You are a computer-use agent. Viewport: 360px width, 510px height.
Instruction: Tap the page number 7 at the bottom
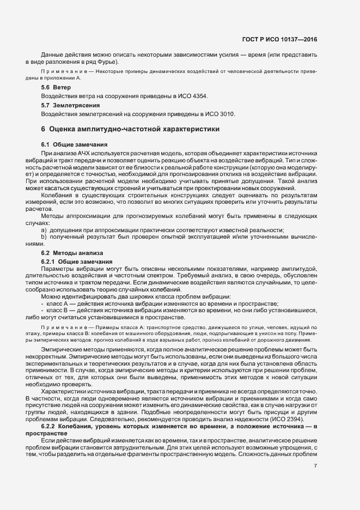click(315, 465)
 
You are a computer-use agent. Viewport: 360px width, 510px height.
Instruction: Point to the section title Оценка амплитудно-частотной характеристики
click(134, 130)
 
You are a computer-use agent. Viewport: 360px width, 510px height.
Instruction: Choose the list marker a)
click(44, 230)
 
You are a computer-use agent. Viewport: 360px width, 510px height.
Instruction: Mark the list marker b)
click(44, 238)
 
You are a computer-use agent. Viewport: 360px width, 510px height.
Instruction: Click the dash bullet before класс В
click(42, 310)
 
